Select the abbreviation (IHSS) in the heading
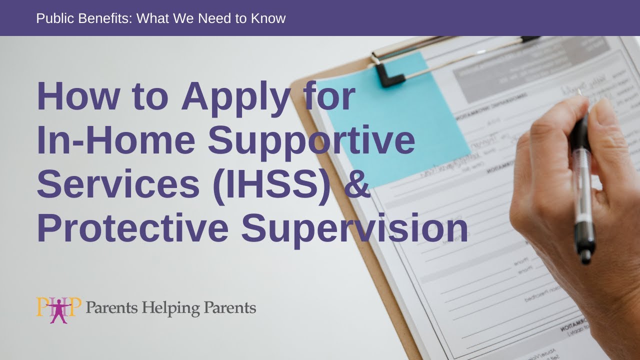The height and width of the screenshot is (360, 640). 271,184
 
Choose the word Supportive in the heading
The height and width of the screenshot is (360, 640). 311,141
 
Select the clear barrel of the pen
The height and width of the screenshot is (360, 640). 582,190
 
